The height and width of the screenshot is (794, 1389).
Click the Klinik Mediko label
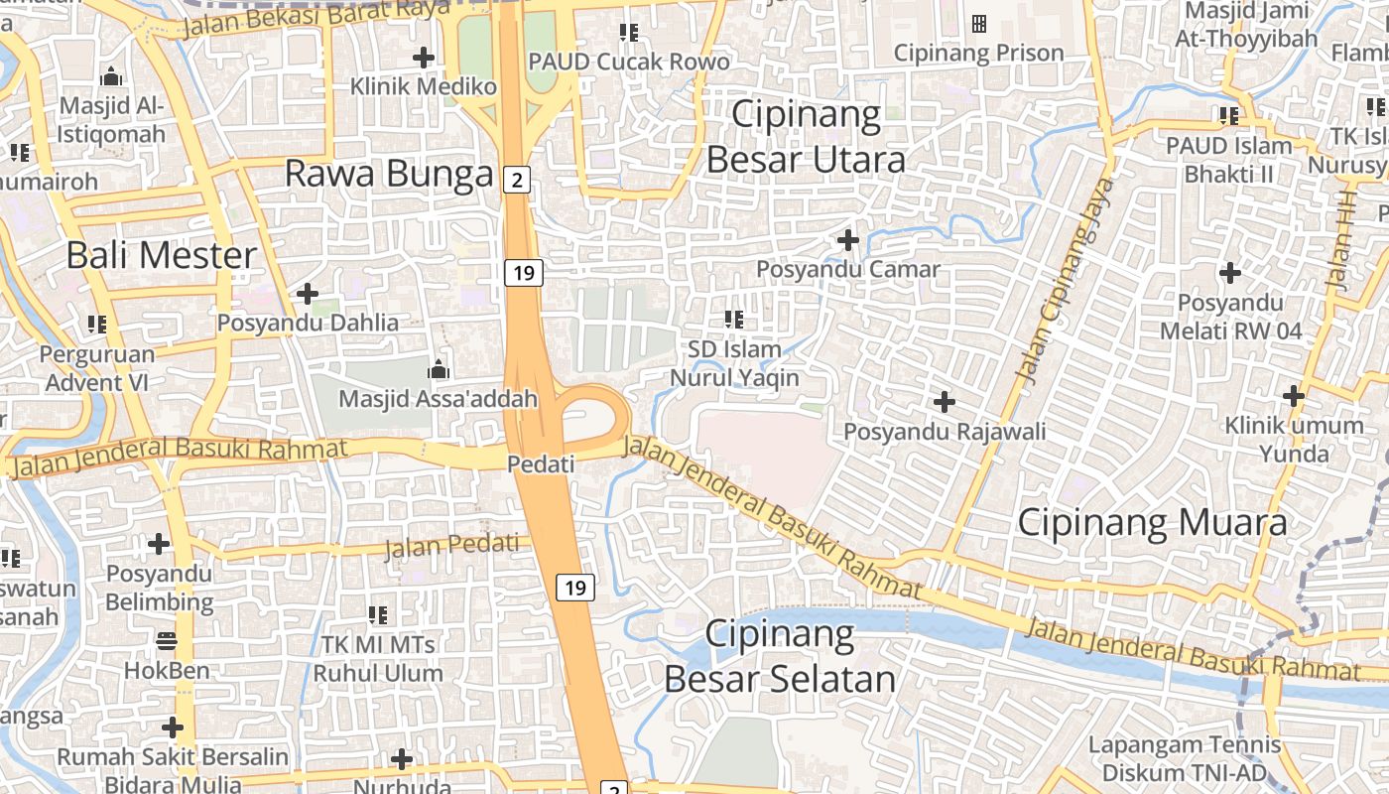[423, 87]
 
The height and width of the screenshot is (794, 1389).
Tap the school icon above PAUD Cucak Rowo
[628, 33]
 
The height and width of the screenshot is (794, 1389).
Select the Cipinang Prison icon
[979, 23]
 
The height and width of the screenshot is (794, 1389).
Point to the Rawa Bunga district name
[389, 174]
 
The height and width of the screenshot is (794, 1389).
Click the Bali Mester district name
[162, 255]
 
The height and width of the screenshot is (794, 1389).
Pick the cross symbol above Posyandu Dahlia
[308, 294]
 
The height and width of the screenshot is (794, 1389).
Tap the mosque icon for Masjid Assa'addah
[438, 370]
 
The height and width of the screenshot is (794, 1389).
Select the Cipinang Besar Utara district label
[805, 137]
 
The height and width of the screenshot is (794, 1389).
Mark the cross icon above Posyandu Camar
[848, 239]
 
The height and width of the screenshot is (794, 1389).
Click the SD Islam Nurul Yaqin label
[735, 363]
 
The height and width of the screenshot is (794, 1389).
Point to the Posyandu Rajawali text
[945, 432]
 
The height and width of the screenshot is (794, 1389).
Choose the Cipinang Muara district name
[1153, 522]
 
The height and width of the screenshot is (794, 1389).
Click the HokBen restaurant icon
[166, 640]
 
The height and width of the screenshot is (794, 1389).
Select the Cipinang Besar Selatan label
[780, 656]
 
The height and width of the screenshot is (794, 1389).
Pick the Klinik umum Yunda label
[1295, 440]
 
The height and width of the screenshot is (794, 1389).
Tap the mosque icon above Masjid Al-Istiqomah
[112, 76]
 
